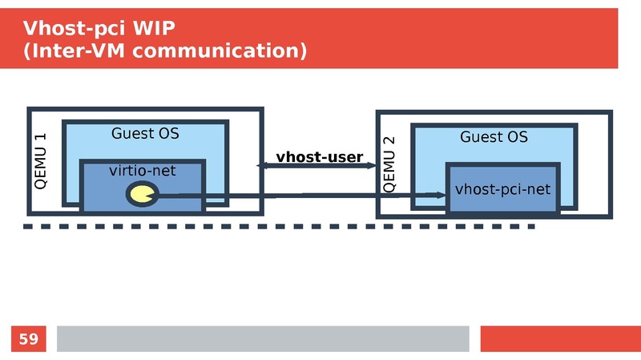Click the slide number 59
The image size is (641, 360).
(28, 339)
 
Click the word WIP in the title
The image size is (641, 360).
(151, 29)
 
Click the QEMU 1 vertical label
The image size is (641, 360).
(40, 160)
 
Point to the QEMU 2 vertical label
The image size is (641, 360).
(389, 164)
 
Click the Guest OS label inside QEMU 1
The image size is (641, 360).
(145, 133)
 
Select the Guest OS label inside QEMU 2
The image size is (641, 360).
(494, 137)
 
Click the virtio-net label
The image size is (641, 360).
(143, 170)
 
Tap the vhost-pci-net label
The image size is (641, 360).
(502, 189)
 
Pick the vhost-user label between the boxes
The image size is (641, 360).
(320, 156)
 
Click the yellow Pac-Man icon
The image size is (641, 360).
(143, 193)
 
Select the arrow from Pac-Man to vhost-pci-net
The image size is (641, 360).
(304, 195)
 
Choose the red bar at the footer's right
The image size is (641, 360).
(560, 338)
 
